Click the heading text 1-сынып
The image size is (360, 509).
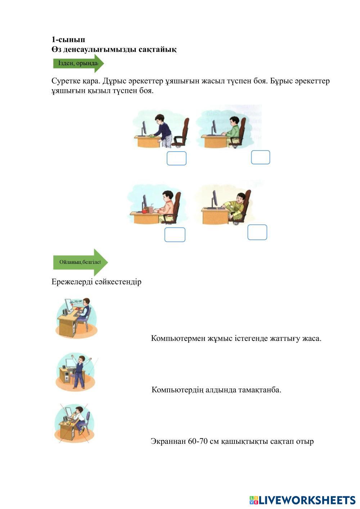coord(68,40)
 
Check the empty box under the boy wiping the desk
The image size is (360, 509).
coord(176,158)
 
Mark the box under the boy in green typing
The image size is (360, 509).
coord(260,157)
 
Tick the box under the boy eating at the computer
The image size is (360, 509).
coord(175,235)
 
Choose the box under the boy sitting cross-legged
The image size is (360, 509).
coord(257,232)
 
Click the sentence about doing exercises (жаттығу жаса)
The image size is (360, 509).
coord(236,338)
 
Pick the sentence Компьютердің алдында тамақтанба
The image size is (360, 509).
coord(216,390)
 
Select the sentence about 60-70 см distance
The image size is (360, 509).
coord(232,441)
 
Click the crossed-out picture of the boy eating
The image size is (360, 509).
coord(75,423)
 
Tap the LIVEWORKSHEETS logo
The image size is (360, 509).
coord(302,500)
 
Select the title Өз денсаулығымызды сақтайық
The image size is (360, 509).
coord(114,49)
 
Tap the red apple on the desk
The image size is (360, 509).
coord(145,211)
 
